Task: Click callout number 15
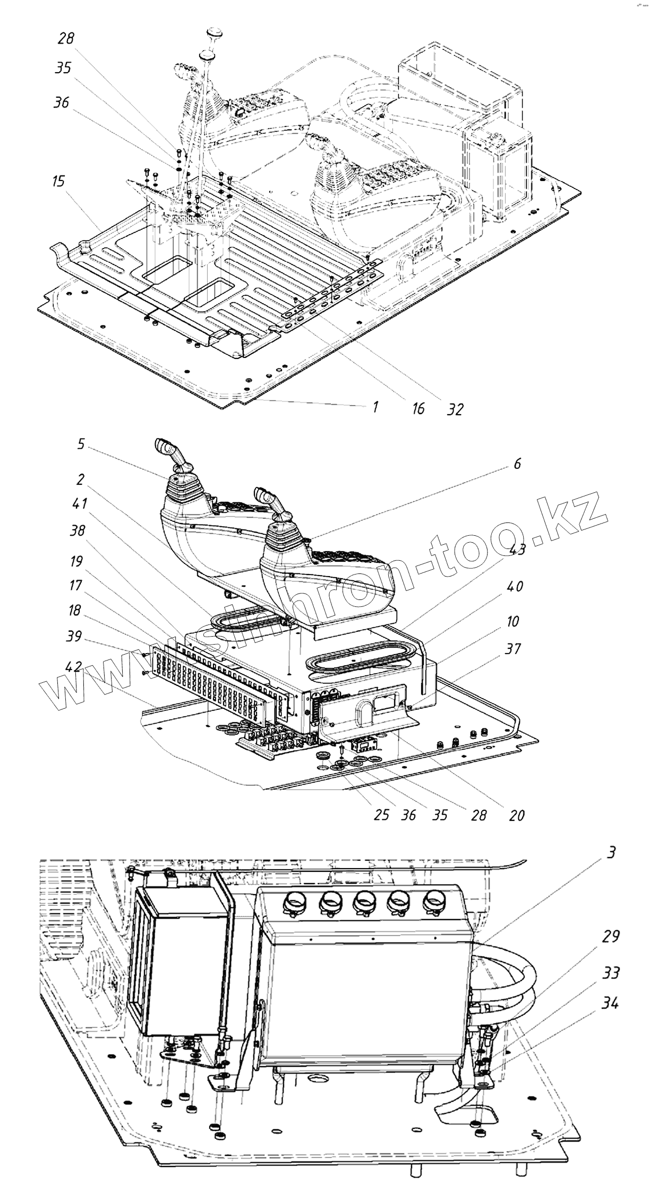tap(58, 182)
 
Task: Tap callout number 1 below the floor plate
tap(375, 407)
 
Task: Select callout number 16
tap(418, 408)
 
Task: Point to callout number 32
tap(455, 409)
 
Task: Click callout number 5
tap(80, 444)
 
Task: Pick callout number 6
tap(517, 464)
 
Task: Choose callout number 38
tap(78, 530)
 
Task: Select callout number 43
tap(517, 550)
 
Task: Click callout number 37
tap(514, 648)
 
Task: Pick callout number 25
tap(381, 815)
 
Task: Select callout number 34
tap(610, 1004)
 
